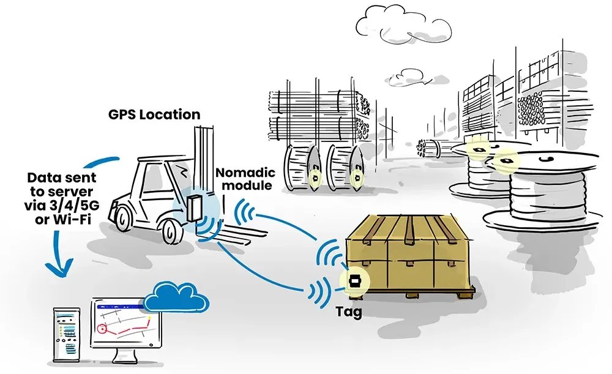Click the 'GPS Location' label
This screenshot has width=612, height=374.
point(154,114)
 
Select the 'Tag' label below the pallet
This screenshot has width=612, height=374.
point(349,312)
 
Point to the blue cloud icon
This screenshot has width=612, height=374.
point(177,297)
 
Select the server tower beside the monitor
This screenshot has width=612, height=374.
point(66,337)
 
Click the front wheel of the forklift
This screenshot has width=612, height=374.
point(173,233)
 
